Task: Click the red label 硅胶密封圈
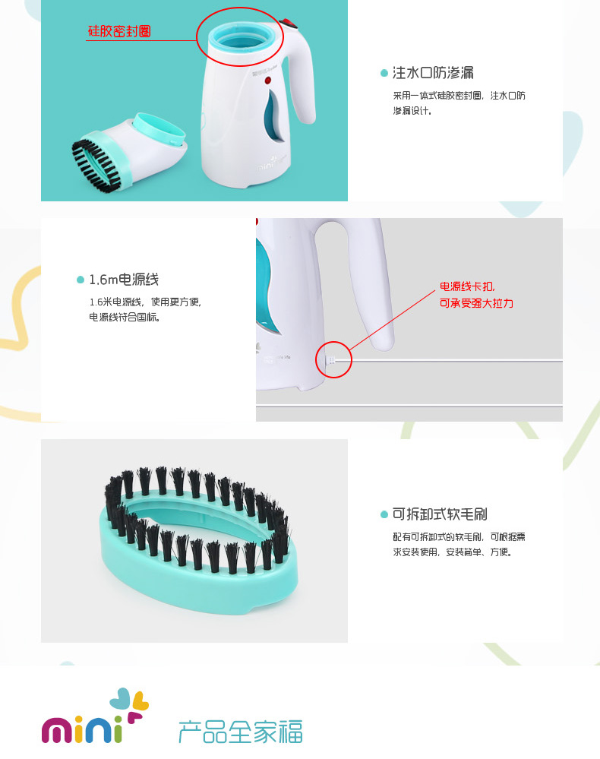coord(119,31)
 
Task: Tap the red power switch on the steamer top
coord(288,23)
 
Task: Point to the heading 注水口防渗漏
coord(433,73)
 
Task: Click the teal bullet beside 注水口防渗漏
coord(384,73)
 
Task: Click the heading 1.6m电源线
coord(124,280)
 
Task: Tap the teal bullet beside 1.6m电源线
coord(81,280)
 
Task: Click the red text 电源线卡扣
coord(467,286)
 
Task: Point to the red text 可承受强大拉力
coord(476,303)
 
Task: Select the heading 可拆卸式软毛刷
coord(440,514)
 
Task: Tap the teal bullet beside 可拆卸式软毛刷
coord(384,514)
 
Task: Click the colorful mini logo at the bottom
coord(95,716)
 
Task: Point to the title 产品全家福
coord(241,732)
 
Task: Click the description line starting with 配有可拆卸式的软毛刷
coord(459,537)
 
